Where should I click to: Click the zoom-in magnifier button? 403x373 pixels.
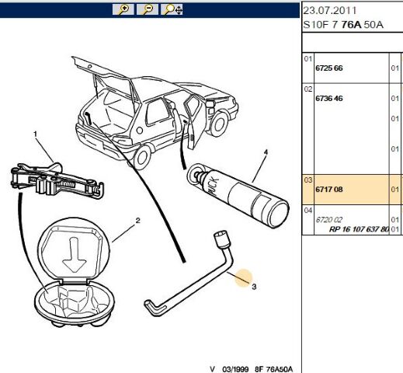123,9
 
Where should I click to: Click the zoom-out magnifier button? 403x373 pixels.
148,9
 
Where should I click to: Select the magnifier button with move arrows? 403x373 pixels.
172,9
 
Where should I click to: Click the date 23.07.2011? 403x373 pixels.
329,11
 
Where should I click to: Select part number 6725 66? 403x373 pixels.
329,68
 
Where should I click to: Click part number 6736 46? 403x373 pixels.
329,99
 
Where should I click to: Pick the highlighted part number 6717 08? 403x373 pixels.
329,190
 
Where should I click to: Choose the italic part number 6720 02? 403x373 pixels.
328,220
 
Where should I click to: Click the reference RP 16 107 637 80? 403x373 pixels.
359,229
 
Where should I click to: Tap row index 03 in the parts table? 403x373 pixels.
308,180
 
